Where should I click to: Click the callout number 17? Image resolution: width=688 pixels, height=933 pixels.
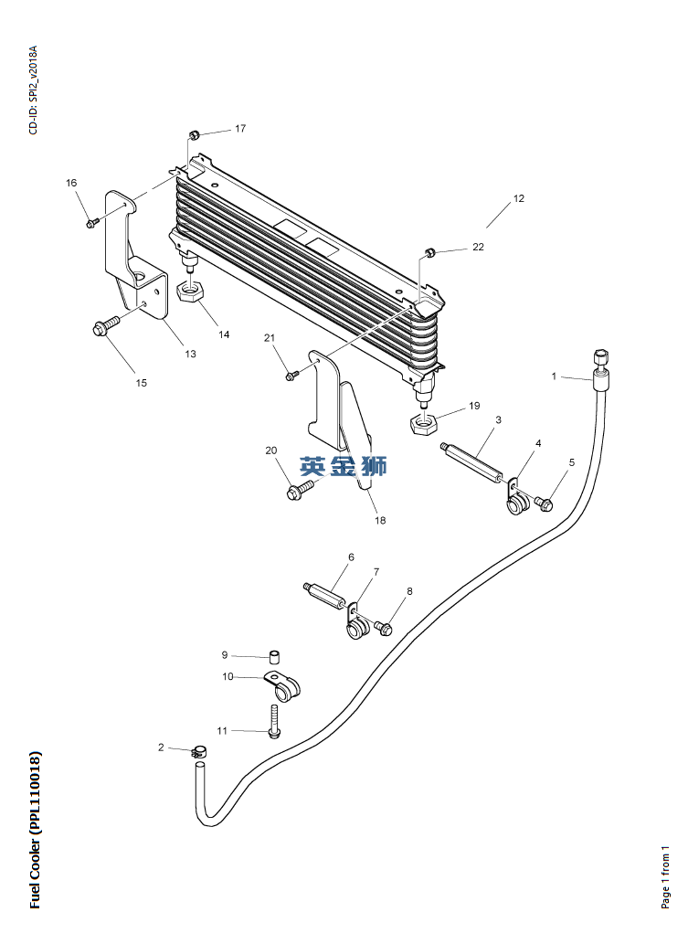point(240,129)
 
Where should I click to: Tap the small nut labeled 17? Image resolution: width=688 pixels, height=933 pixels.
point(194,135)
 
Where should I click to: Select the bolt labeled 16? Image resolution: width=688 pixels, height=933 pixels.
point(92,223)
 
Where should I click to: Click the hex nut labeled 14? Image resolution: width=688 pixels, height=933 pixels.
point(191,292)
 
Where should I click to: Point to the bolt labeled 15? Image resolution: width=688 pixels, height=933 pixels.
point(106,326)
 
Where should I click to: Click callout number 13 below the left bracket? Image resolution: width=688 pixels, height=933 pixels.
point(190,354)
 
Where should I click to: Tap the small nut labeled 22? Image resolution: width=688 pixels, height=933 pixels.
point(429,253)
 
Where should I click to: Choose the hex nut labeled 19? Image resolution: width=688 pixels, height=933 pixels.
point(423,424)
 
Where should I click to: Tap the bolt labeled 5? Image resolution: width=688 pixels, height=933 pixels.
point(543,504)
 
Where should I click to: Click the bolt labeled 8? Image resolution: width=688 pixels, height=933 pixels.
point(383,627)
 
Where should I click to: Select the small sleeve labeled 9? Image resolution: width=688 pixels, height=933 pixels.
point(274,657)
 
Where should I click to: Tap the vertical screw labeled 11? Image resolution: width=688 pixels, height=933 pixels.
point(274,721)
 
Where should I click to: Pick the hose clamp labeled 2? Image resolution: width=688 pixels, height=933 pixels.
point(199,752)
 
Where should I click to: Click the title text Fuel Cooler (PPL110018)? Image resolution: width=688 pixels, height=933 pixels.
point(36,830)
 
